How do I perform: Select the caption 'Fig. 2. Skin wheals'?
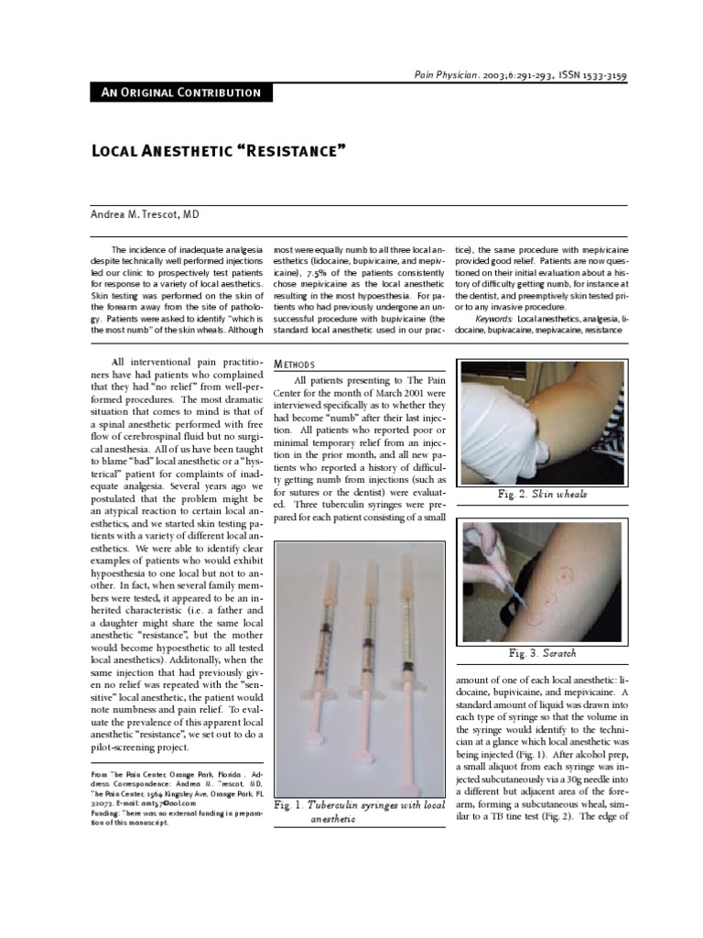[x=542, y=495]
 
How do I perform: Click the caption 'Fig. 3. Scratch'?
[x=542, y=654]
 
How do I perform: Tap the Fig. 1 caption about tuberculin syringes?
[x=359, y=812]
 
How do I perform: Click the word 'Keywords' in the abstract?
[x=494, y=318]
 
